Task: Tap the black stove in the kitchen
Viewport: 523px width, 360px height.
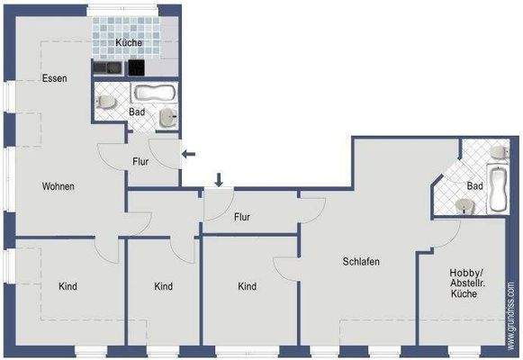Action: [136, 67]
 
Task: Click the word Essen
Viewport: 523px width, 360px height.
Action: [54, 79]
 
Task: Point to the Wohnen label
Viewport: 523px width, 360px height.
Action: [58, 187]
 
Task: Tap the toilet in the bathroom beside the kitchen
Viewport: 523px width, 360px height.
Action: [106, 102]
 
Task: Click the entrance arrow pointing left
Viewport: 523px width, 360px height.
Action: [189, 154]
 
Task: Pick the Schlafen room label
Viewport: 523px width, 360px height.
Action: [361, 263]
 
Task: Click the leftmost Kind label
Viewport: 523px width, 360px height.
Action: [68, 287]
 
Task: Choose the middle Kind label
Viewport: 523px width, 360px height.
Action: [163, 287]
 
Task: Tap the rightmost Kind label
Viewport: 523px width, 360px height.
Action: [248, 287]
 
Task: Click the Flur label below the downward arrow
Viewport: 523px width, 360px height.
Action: [242, 217]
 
